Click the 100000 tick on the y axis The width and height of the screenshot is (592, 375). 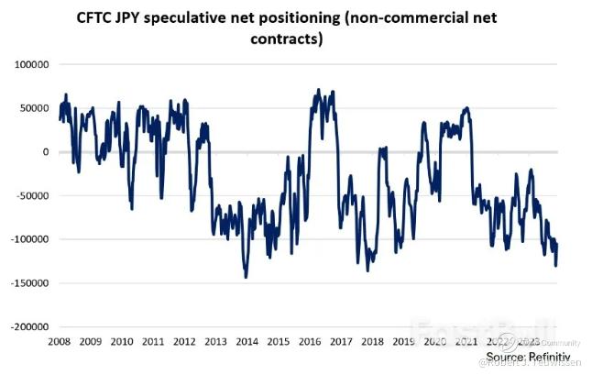[32, 65]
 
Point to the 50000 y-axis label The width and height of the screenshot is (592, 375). [35, 108]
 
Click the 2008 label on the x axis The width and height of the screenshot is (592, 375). [60, 341]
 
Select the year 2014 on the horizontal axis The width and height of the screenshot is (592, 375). [246, 341]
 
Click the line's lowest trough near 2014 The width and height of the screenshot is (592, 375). [246, 277]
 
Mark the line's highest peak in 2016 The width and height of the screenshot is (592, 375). [317, 90]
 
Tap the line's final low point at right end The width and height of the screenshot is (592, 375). [555, 265]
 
